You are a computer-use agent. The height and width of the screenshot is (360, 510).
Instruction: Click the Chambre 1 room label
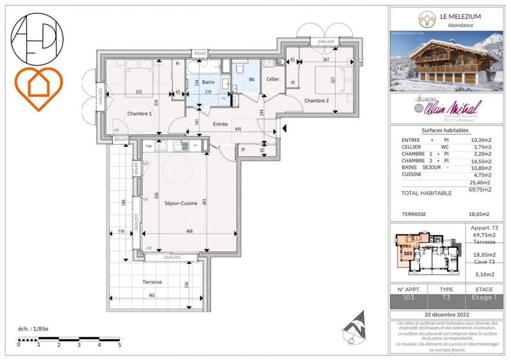(140, 114)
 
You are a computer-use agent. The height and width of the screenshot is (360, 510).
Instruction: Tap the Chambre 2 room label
(316, 101)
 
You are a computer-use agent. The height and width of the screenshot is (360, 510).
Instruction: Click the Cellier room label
(273, 79)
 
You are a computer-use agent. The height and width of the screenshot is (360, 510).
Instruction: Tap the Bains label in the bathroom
(208, 82)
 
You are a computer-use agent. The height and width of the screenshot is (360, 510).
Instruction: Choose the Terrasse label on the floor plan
(152, 282)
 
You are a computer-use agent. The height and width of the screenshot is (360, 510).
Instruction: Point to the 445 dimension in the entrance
(237, 129)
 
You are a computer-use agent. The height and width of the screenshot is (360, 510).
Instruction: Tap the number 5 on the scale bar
(119, 345)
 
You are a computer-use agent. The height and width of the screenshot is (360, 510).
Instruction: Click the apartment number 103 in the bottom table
(409, 297)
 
